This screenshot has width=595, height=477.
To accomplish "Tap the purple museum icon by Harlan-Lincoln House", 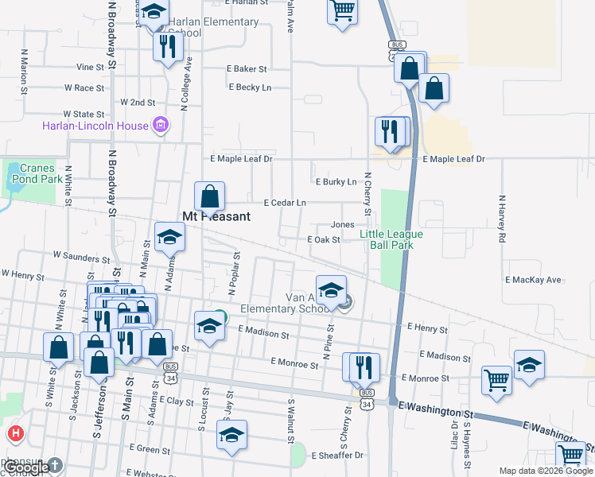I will pos(161,125).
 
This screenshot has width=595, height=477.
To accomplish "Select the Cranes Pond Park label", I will pos(37,173).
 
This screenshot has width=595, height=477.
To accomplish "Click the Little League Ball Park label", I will pos(391,239).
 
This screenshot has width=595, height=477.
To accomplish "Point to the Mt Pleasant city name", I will pos(216,216).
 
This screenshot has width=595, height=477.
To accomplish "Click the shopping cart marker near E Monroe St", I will pos(496,380).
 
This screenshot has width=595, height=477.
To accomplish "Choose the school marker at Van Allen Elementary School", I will pos(331,290).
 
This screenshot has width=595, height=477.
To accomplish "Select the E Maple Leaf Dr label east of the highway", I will pos(453,160).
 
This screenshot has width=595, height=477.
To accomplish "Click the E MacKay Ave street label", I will pos(533,281).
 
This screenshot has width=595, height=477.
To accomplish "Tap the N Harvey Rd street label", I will pos(502,219).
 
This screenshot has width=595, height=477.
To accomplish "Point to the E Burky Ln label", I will pos(336,182).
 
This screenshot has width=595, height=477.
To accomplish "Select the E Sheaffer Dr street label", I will pos(337,456).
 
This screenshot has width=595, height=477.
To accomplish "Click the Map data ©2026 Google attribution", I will pos(546,471).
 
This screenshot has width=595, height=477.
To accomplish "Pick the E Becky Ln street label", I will pos(250,87).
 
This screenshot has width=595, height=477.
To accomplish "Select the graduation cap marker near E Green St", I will pos(231,435).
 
